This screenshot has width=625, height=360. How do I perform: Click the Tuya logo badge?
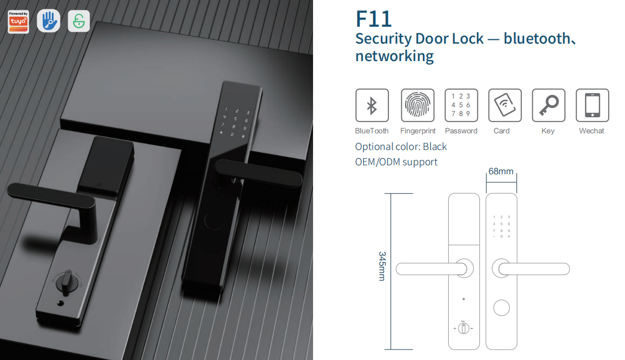(x=19, y=22)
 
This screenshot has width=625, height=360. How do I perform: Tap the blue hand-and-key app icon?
(x=49, y=21)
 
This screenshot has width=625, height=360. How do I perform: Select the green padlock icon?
(x=79, y=21)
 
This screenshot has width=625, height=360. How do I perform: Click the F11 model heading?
(x=374, y=19)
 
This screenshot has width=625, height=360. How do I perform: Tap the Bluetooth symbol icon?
(x=372, y=105)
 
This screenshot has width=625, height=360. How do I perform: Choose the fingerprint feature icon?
(x=418, y=105)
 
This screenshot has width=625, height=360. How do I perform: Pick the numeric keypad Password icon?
(x=461, y=105)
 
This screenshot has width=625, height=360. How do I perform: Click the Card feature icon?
(x=504, y=105)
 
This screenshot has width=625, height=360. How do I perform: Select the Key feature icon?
(x=548, y=105)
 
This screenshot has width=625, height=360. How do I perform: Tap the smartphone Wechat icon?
(x=592, y=105)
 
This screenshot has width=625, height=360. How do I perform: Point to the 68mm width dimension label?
(x=501, y=171)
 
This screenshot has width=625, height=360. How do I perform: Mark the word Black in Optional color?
(x=435, y=147)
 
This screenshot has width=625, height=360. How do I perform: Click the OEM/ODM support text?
(x=396, y=162)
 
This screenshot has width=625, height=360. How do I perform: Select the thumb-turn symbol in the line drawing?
(x=463, y=328)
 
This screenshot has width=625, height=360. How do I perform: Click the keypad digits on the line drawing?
(x=501, y=226)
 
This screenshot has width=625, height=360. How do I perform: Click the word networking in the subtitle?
(x=394, y=56)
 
